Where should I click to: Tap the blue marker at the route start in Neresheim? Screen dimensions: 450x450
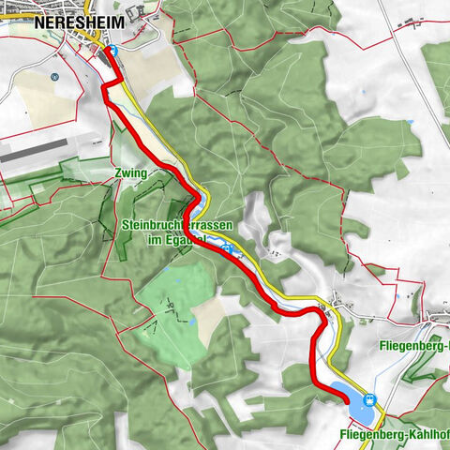point(112,52)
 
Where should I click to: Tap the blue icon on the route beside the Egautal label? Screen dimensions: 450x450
point(226,247)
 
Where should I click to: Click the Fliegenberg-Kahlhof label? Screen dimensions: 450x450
point(392,436)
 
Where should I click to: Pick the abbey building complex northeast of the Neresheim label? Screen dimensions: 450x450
point(141,13)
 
